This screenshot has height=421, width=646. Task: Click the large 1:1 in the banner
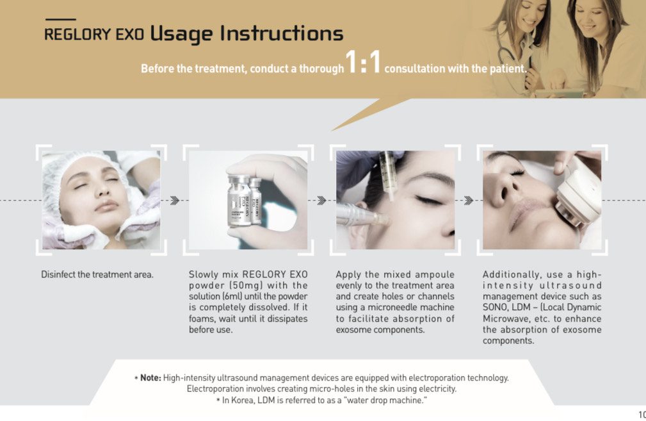point(362,62)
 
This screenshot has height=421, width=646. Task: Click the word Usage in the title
point(182,34)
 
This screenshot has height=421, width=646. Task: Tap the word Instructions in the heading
point(282,33)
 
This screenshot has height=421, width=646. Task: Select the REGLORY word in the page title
point(77,35)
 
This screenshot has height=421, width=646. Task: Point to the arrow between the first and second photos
point(175,201)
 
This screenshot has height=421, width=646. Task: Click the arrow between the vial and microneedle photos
point(322,201)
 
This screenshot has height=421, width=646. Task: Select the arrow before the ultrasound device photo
point(469,201)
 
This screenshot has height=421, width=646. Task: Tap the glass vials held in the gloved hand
point(245,201)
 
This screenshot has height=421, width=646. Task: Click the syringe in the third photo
point(388,175)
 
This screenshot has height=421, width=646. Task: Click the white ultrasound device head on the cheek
point(575,198)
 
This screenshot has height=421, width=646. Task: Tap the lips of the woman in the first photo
point(107,205)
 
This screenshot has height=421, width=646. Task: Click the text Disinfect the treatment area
point(97,275)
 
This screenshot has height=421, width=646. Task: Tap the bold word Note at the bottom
point(150,377)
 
